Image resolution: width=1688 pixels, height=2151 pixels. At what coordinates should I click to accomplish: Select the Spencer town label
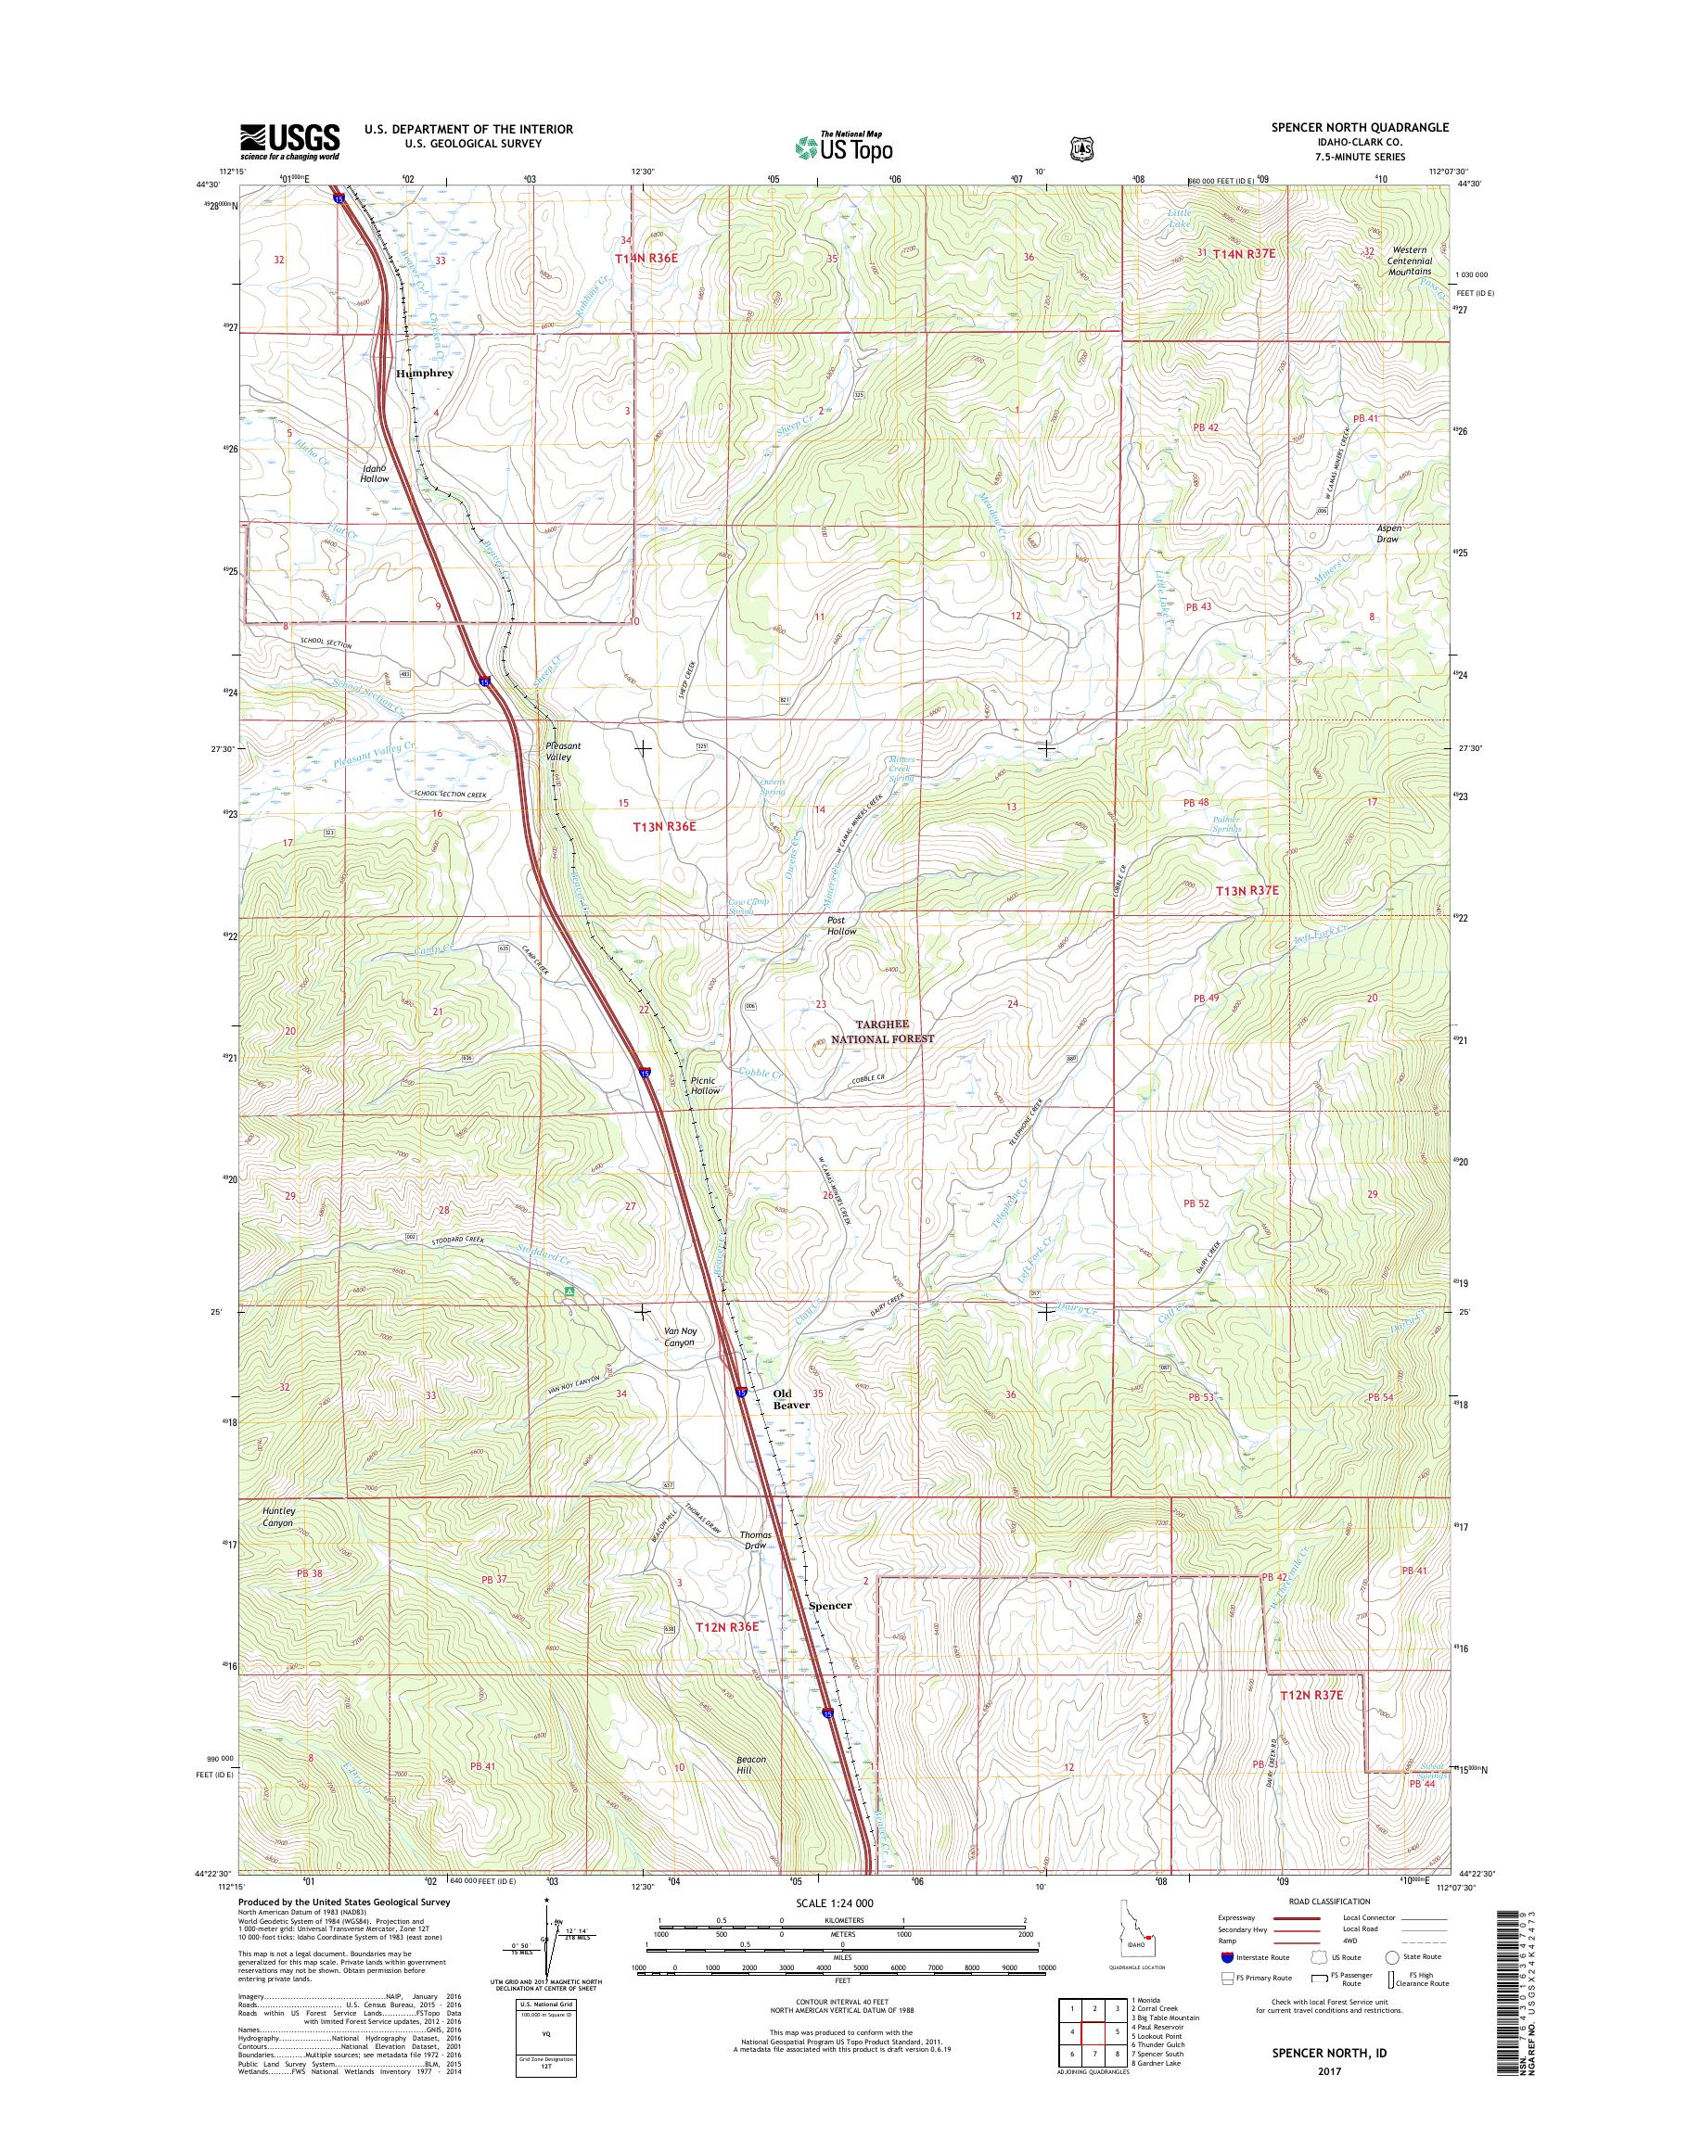[x=829, y=1606]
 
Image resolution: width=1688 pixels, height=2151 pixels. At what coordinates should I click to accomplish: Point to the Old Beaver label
[x=789, y=1399]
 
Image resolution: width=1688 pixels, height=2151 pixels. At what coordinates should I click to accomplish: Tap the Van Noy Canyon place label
[x=678, y=1337]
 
